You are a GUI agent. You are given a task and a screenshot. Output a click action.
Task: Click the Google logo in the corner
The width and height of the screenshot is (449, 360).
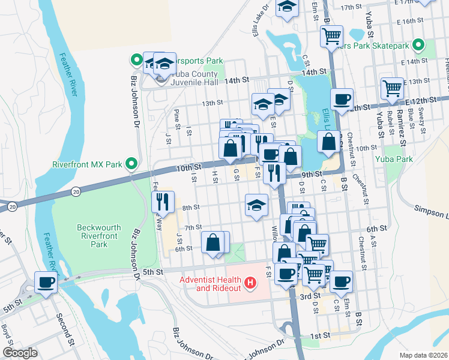click(20, 352)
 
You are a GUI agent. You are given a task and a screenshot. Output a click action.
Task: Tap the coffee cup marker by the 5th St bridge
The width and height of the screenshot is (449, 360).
click(46, 281)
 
